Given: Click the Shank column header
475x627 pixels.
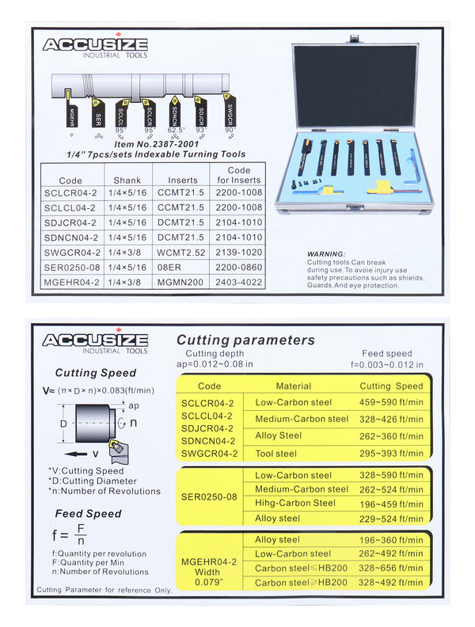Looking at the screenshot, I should point(127,180).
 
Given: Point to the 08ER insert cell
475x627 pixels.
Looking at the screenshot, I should point(169,267).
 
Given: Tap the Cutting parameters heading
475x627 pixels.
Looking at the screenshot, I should point(245,340).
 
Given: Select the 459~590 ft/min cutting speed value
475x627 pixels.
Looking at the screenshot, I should point(392,402).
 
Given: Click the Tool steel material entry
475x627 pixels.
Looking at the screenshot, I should point(276,454).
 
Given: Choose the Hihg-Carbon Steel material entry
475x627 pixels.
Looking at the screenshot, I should point(294,503).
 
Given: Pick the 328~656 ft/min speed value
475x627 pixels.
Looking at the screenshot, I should point(392,568).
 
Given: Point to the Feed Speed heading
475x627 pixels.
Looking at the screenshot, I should point(88,513).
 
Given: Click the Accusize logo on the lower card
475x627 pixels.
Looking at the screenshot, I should point(94,341).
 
